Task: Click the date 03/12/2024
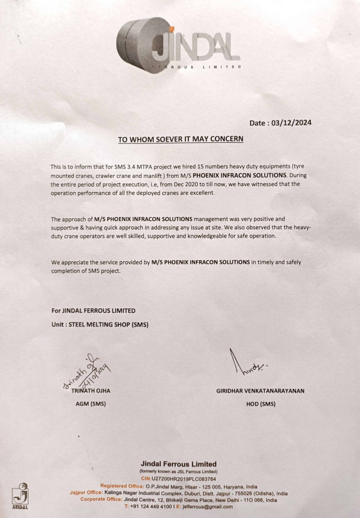tap(291, 123)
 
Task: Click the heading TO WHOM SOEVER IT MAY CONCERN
tap(180, 140)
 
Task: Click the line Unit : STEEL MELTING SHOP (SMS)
tap(99, 324)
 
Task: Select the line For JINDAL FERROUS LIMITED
tap(94, 311)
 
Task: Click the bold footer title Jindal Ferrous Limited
tap(178, 463)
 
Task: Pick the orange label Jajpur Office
tap(86, 493)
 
